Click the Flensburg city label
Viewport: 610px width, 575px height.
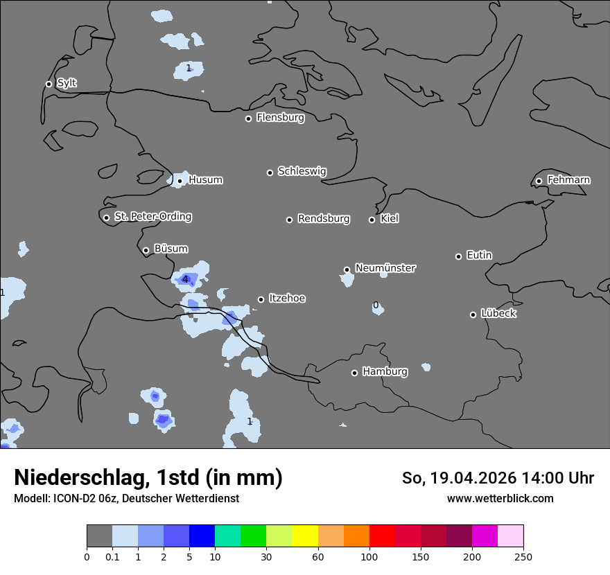coord(280,118)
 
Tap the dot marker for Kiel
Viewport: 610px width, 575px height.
coord(372,220)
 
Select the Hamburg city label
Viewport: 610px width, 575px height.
coord(385,372)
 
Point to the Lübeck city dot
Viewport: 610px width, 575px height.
coord(473,315)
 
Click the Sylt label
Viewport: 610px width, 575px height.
coord(67,83)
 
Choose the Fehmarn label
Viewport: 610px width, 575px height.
coord(568,180)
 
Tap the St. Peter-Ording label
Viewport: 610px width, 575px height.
coord(152,217)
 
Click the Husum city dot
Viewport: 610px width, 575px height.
coord(180,181)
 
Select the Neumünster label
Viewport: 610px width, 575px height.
coord(385,268)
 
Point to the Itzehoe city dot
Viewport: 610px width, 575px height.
coord(261,299)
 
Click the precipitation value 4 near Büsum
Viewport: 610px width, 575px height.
coord(185,279)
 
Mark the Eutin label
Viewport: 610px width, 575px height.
coord(479,256)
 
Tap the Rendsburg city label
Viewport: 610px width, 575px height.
coord(324,219)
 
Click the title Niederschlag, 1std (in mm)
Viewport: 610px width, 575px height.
coord(148,477)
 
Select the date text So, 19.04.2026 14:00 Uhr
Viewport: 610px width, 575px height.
coord(498,478)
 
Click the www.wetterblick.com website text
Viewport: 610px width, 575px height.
coord(500,498)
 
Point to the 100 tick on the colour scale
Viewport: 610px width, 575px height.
coord(369,556)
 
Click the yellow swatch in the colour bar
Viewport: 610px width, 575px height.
coord(305,536)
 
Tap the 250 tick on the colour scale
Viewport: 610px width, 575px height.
coord(523,556)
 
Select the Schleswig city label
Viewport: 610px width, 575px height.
coord(302,171)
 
